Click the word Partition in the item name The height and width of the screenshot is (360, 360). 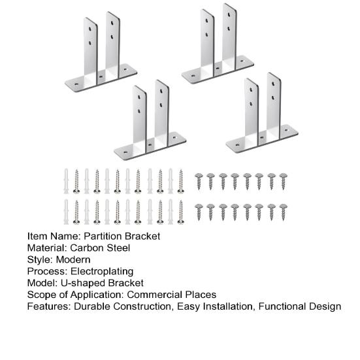[x=103, y=237]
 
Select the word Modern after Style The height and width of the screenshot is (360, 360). [x=73, y=259]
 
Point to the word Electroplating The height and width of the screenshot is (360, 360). [x=102, y=272]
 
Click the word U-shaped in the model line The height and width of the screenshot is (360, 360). [x=83, y=284]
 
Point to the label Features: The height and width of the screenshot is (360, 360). [x=49, y=306]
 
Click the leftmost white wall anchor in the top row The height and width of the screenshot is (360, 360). [x=66, y=181]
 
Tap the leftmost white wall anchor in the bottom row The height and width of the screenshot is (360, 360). [x=66, y=212]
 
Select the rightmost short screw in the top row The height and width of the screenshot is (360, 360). [x=284, y=182]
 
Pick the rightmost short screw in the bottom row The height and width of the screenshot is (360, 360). [x=284, y=212]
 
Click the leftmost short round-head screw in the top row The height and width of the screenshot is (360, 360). [x=199, y=182]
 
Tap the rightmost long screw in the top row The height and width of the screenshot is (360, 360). [x=181, y=182]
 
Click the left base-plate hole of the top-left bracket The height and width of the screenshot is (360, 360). [x=76, y=84]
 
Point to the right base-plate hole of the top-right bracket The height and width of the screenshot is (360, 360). [x=242, y=61]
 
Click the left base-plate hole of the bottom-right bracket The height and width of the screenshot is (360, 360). [x=238, y=145]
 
